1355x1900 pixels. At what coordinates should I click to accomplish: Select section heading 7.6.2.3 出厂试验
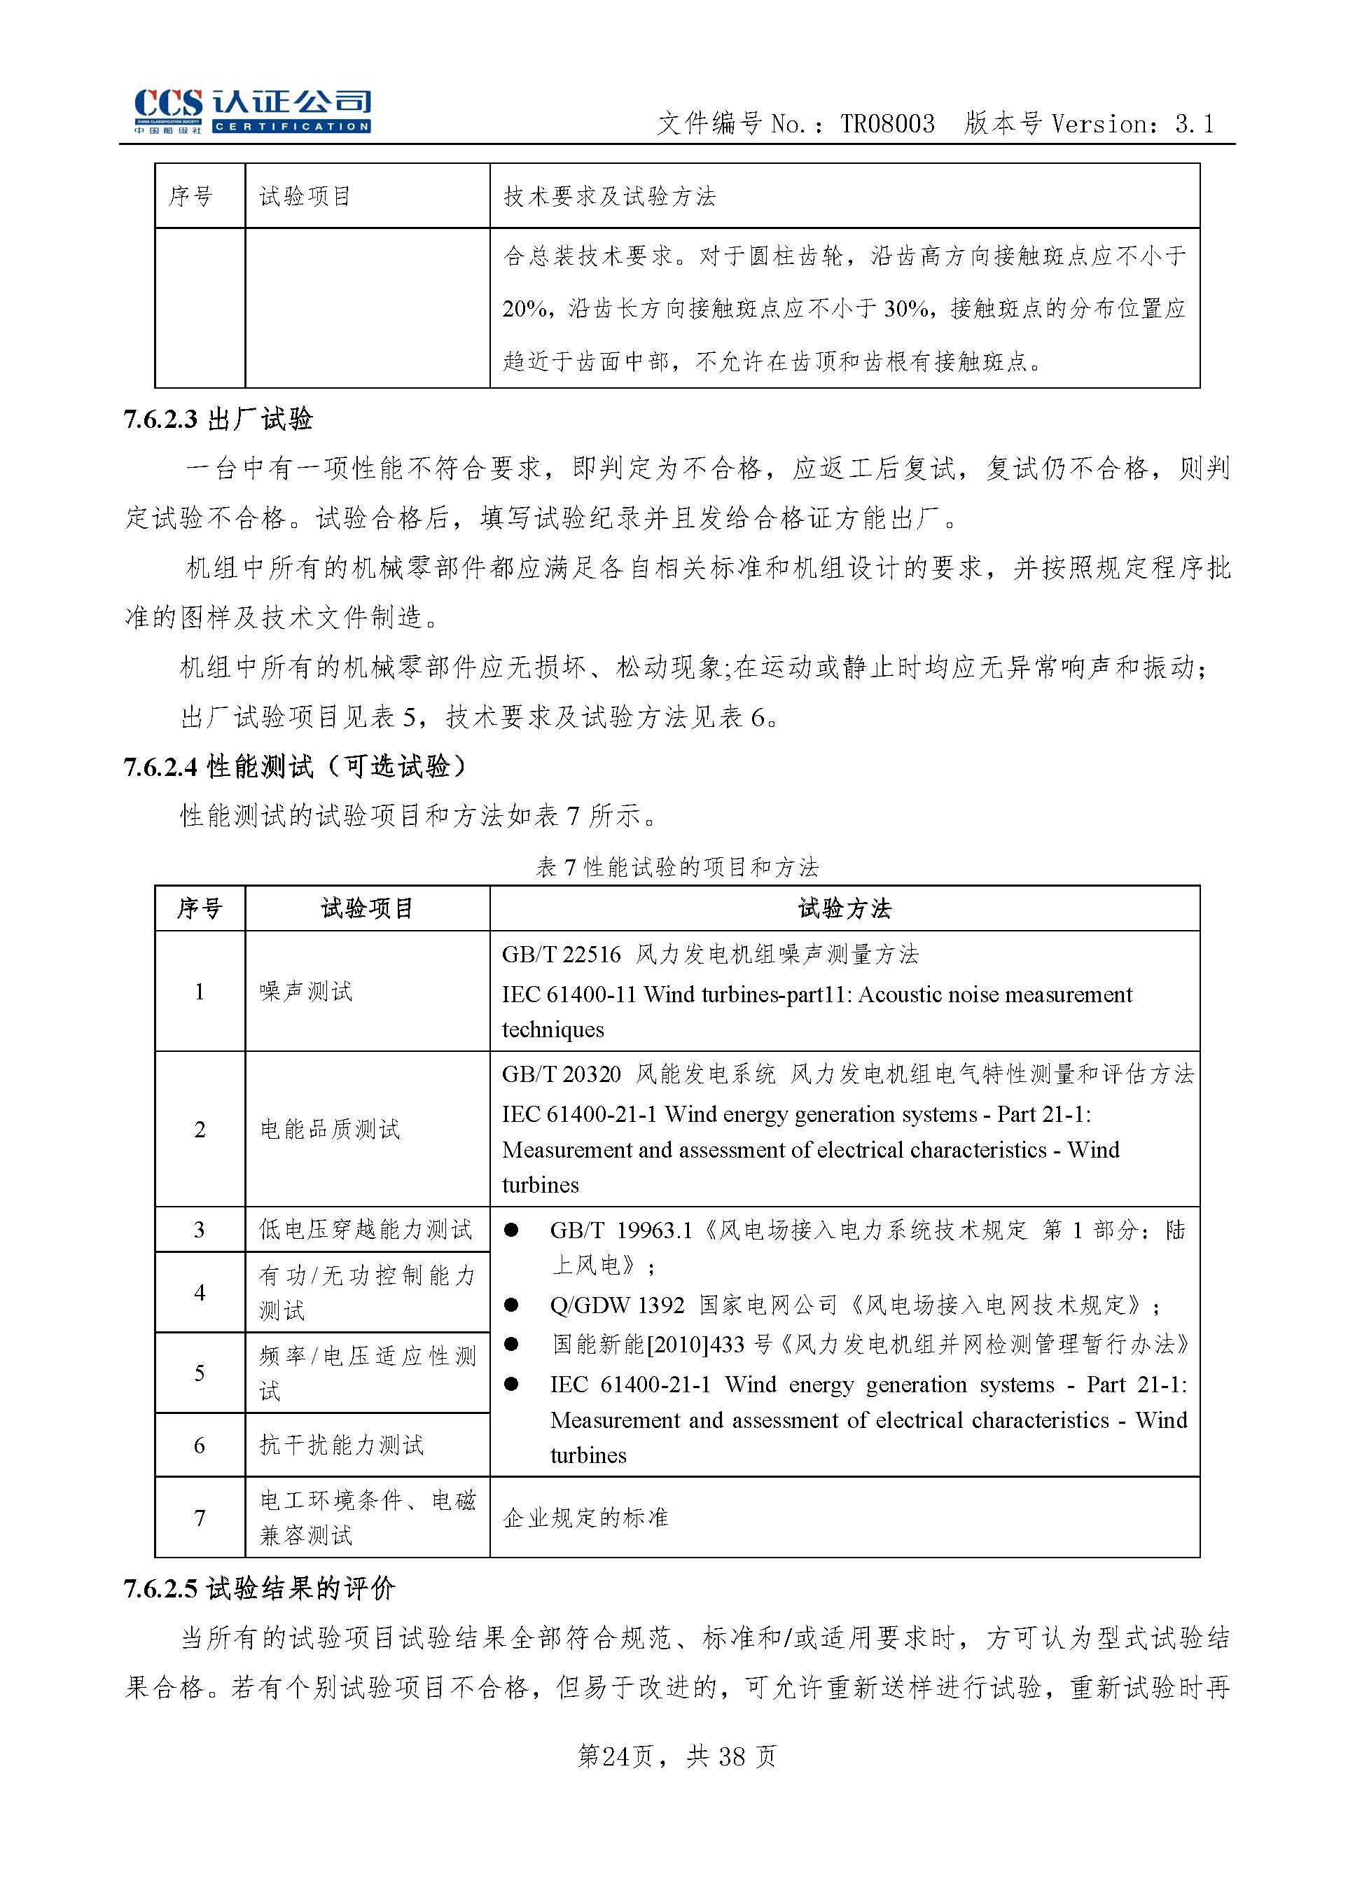[218, 419]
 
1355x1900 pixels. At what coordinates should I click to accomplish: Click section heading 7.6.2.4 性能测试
[297, 766]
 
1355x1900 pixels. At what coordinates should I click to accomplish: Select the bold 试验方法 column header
[845, 909]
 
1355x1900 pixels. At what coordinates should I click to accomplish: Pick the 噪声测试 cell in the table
[306, 991]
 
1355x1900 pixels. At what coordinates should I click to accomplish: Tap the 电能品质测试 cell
[331, 1129]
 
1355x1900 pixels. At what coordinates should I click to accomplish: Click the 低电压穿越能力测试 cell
[366, 1229]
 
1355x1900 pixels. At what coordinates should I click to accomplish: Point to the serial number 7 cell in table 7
[200, 1518]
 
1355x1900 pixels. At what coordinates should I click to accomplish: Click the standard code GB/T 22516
[562, 955]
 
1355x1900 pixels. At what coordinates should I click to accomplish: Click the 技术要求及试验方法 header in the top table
[610, 197]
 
